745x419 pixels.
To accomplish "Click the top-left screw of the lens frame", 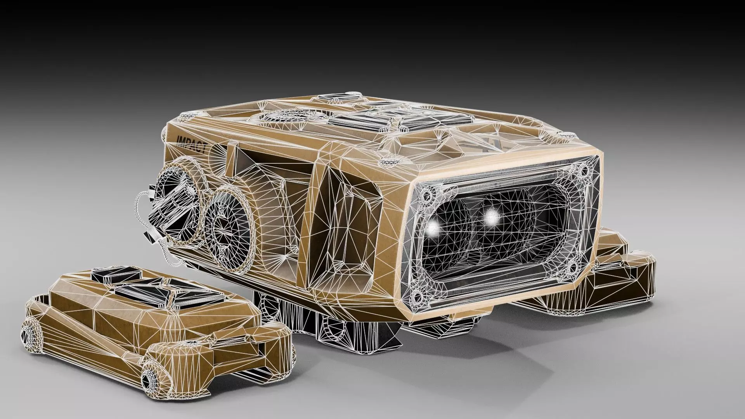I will pyautogui.click(x=428, y=193).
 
